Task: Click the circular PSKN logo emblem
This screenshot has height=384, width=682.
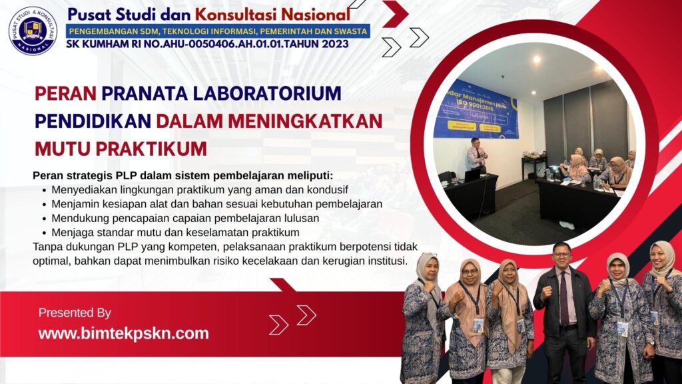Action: (33, 30)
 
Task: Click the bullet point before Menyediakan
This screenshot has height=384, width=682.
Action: (44, 190)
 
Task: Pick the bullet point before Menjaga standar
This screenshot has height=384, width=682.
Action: (44, 232)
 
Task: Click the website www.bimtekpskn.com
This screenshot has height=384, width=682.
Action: (123, 333)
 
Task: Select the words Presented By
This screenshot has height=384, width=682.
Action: (75, 313)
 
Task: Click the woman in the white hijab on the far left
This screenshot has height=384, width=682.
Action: (425, 313)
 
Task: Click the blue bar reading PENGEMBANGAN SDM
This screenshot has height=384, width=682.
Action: (217, 31)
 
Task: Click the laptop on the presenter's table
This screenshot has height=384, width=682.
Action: (472, 175)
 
